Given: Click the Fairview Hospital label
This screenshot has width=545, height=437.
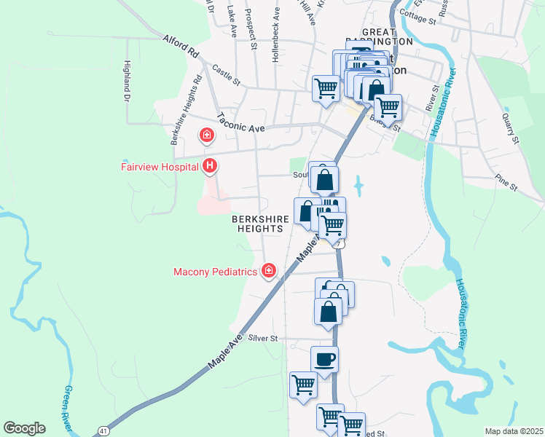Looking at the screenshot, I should tap(160, 167).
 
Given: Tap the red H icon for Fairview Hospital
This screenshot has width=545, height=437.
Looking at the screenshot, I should tap(210, 167).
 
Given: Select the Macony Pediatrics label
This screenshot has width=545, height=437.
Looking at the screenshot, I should tap(216, 272).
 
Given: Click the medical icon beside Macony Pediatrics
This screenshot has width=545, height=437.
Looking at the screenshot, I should tap(269, 271).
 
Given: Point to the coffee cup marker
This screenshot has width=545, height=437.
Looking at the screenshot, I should tap(324, 359).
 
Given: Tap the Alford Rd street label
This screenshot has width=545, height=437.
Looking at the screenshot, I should tap(181, 45).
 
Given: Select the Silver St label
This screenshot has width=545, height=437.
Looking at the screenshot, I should tap(263, 338).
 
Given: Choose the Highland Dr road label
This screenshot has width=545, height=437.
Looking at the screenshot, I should tap(126, 81).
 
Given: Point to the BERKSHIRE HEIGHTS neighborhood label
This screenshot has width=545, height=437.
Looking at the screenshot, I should tap(257, 223).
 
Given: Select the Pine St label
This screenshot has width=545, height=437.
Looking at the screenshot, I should tap(505, 183).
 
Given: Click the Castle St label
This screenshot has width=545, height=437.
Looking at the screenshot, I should tap(226, 74).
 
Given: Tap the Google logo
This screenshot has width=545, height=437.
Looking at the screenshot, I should tap(24, 428).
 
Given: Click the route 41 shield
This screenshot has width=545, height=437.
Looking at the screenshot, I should tap(103, 431).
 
